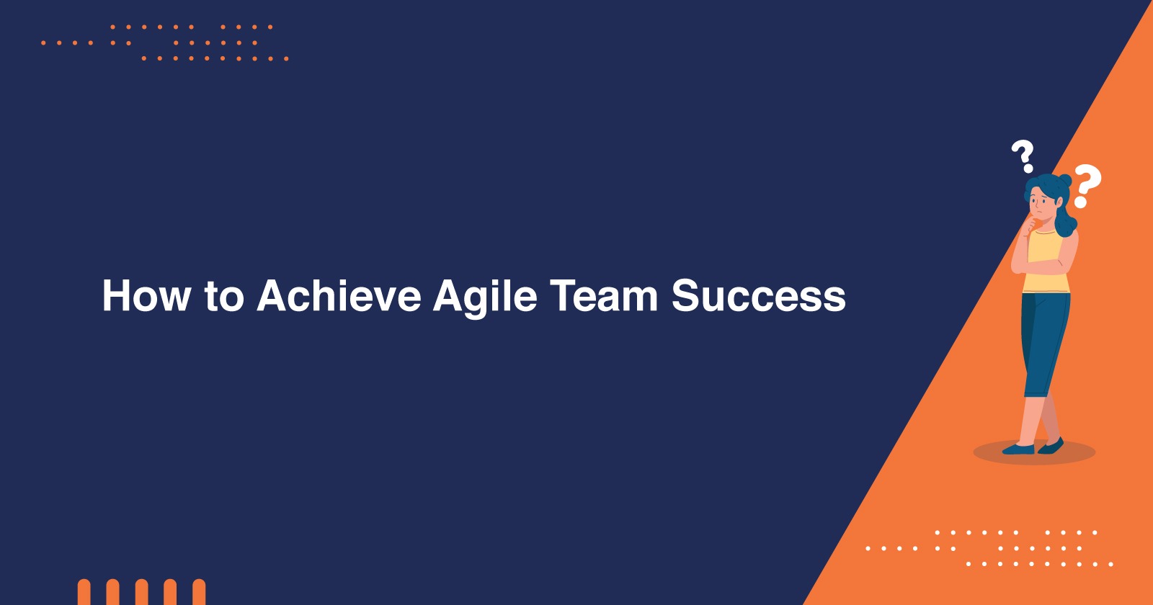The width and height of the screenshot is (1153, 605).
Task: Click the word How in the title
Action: pyautogui.click(x=147, y=295)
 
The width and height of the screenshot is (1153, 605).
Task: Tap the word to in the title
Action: pyautogui.click(x=224, y=296)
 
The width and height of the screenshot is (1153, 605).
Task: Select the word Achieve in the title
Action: pyautogui.click(x=339, y=295)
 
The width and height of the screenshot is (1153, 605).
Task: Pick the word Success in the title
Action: pyautogui.click(x=759, y=295)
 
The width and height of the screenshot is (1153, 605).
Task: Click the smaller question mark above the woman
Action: pyautogui.click(x=1023, y=156)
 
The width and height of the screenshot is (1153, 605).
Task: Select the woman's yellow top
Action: pyautogui.click(x=1045, y=261)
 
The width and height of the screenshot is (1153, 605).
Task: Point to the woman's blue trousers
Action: pyautogui.click(x=1045, y=345)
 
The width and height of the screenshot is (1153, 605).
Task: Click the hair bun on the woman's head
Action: pyautogui.click(x=1064, y=180)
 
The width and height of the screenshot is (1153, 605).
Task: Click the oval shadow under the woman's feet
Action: pyautogui.click(x=1034, y=453)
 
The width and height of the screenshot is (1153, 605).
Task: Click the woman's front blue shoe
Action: pyautogui.click(x=1019, y=449)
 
